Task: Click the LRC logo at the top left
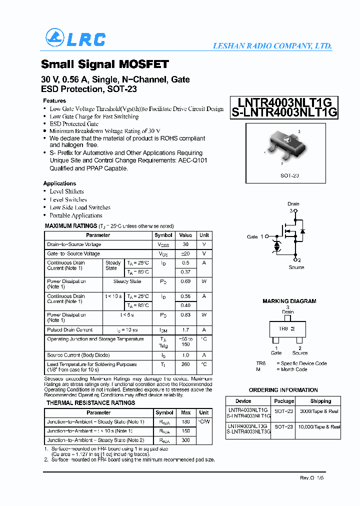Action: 75,38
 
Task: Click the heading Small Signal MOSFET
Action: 104,64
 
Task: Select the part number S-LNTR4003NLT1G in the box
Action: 284,112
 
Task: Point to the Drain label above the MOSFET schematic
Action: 293,204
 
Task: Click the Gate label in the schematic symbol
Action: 252,236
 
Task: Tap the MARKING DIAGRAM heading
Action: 289,301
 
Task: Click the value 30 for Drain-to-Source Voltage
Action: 185,244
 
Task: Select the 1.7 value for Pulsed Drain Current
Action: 185,330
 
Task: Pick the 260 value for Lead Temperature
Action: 185,364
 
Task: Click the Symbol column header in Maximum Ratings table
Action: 163,235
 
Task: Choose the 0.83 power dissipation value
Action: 185,315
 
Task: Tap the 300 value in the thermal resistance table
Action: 185,440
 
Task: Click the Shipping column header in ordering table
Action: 320,401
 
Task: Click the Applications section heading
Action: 59,183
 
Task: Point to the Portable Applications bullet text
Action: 76,215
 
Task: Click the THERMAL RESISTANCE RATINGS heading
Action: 90,403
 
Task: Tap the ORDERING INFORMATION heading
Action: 283,390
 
